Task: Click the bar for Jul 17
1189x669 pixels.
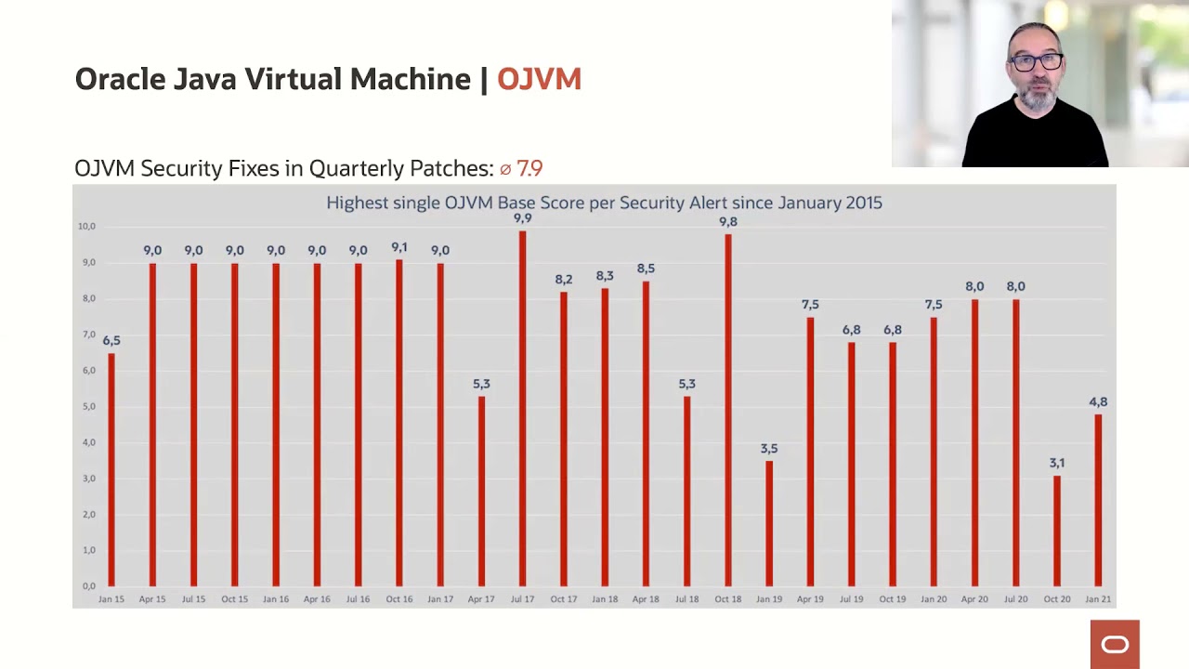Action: point(522,409)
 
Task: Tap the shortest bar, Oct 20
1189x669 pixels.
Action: point(1057,531)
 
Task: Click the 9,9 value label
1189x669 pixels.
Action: point(522,218)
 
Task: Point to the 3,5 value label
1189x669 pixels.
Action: point(769,449)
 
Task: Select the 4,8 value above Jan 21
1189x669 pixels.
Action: point(1098,402)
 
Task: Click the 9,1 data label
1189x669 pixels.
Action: point(399,247)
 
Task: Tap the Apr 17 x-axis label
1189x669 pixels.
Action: point(481,599)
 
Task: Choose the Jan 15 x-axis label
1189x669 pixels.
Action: point(111,599)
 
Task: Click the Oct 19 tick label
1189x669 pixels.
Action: point(893,599)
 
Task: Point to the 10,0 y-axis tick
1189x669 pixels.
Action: point(86,226)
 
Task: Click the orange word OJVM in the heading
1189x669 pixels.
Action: point(539,80)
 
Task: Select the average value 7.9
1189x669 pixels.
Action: point(529,168)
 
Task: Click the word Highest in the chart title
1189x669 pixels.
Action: point(355,203)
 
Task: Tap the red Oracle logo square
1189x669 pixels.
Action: point(1115,644)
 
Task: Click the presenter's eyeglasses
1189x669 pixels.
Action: point(1036,62)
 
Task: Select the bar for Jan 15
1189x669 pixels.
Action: point(111,469)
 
